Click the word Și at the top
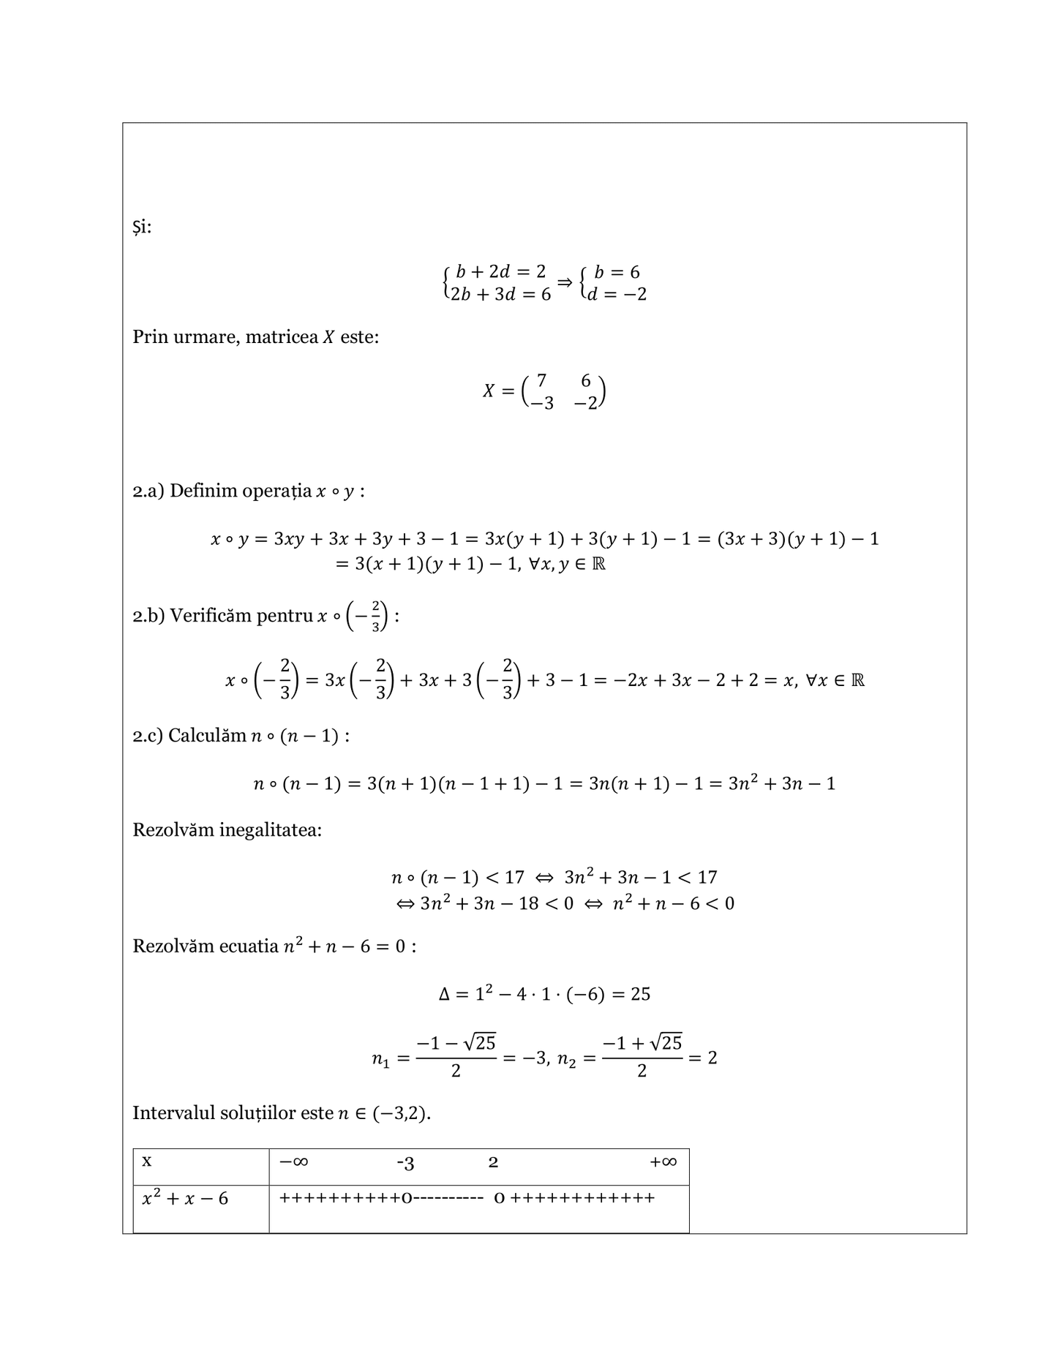point(142,227)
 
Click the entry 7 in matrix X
point(541,380)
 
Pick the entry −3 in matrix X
point(542,403)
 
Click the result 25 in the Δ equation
point(640,994)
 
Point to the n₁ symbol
point(380,1059)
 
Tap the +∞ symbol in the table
point(663,1161)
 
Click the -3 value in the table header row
point(405,1163)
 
